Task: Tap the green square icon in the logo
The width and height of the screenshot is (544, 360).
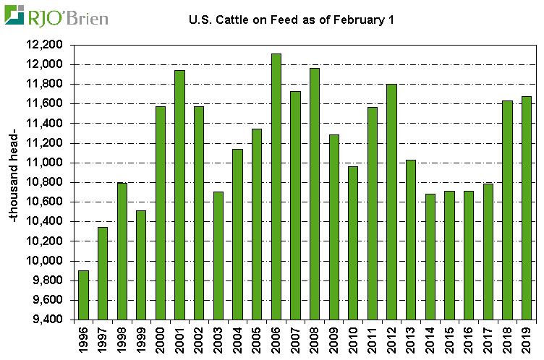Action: [x=14, y=15]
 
